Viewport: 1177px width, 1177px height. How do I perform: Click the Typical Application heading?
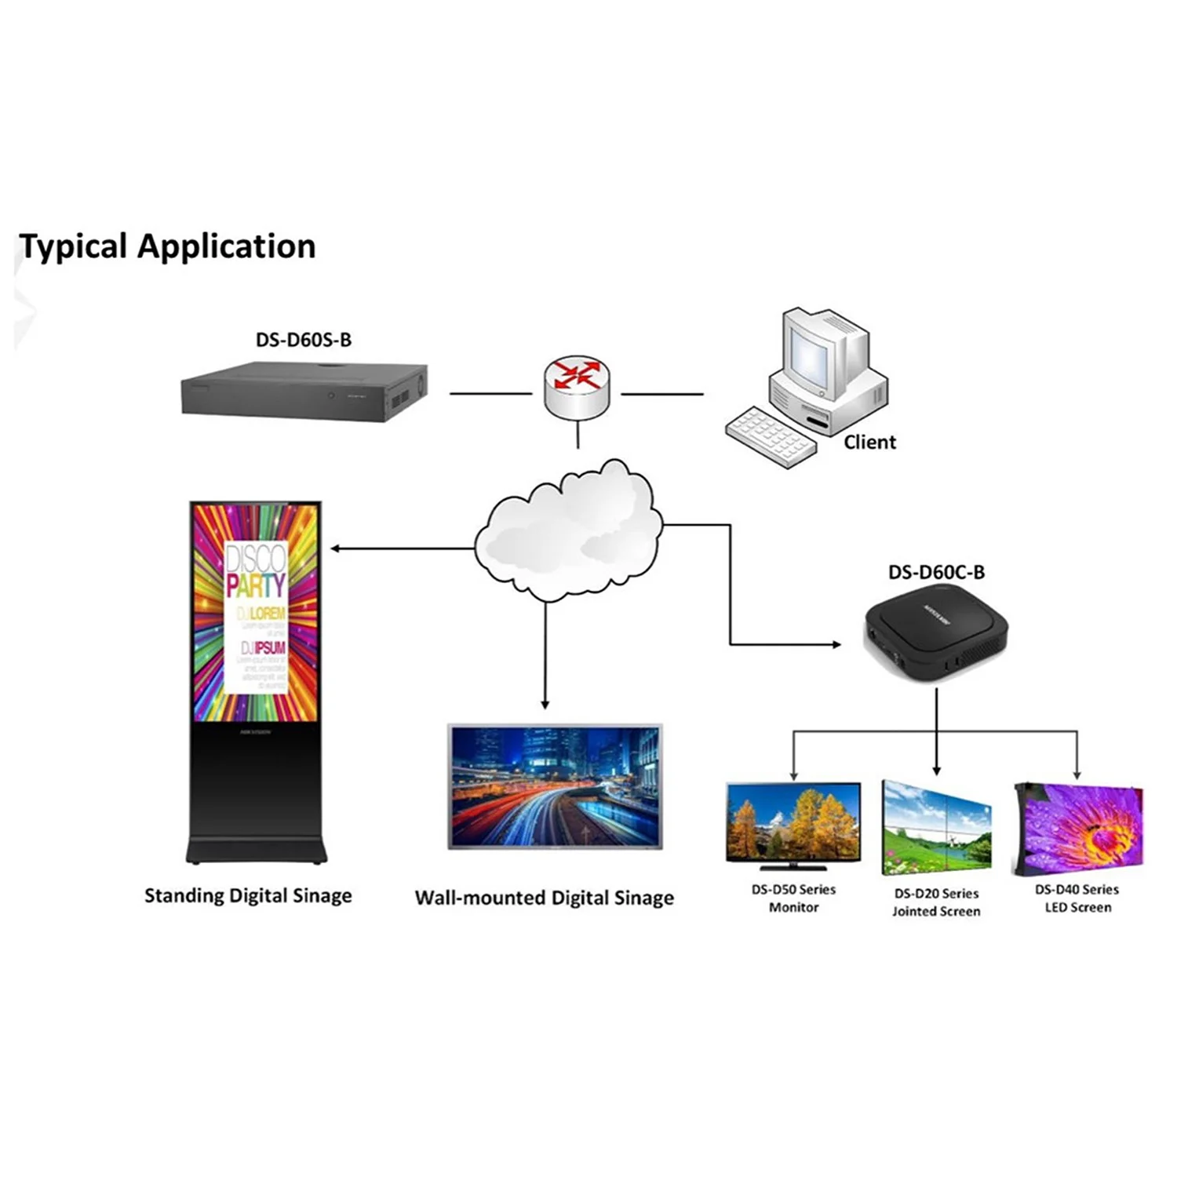167,246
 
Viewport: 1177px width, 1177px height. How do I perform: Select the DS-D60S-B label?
304,340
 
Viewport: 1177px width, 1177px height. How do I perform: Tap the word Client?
869,443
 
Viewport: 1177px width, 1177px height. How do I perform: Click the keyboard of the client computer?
769,436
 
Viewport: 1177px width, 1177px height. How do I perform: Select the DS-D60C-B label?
936,572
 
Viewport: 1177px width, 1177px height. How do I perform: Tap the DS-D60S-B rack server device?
304,391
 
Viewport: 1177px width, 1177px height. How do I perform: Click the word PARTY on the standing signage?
256,585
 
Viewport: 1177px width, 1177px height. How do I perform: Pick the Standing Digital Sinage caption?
248,895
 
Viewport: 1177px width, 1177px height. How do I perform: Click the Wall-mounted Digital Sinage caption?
544,898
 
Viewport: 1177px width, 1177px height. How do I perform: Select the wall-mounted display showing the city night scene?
555,786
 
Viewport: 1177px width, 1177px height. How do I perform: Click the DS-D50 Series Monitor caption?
793,898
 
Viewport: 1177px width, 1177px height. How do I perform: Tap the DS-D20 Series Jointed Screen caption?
936,902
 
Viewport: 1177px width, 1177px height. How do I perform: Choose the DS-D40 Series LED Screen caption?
1077,898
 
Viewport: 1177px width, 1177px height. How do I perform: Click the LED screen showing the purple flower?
1080,828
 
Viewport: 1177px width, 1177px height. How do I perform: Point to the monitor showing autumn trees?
793,824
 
